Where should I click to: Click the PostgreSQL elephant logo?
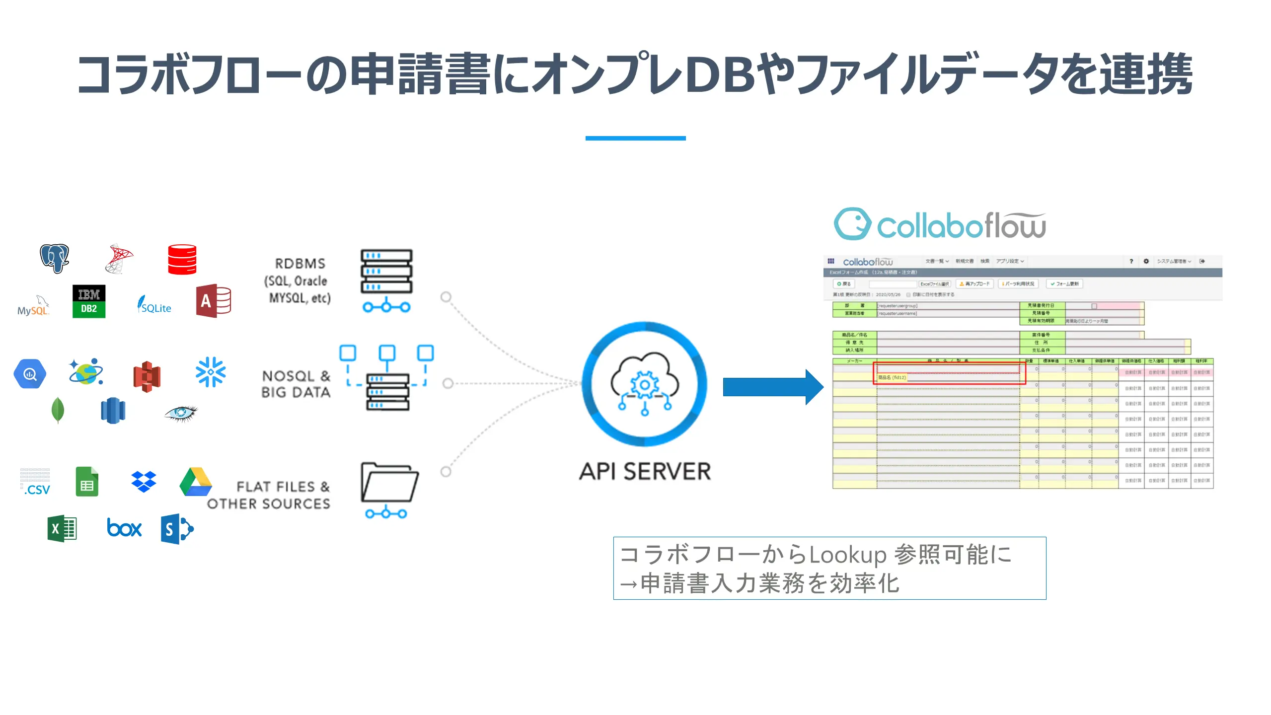[x=55, y=258]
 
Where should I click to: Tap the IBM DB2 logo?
[x=89, y=301]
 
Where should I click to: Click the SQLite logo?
[x=154, y=304]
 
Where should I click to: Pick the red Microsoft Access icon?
[x=214, y=300]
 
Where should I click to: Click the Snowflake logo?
[x=211, y=371]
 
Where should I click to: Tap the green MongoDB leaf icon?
[x=58, y=410]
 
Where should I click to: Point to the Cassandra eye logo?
[x=181, y=413]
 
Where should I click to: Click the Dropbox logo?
[x=144, y=481]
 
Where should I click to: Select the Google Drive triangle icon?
[x=196, y=481]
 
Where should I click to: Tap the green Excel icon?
[x=62, y=528]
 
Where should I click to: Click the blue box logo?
[x=124, y=528]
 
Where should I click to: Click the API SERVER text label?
[x=645, y=471]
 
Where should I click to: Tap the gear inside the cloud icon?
[x=644, y=384]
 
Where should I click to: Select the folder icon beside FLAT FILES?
[x=389, y=483]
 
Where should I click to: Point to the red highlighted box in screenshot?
[x=949, y=373]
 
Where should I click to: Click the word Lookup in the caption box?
[x=848, y=555]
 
